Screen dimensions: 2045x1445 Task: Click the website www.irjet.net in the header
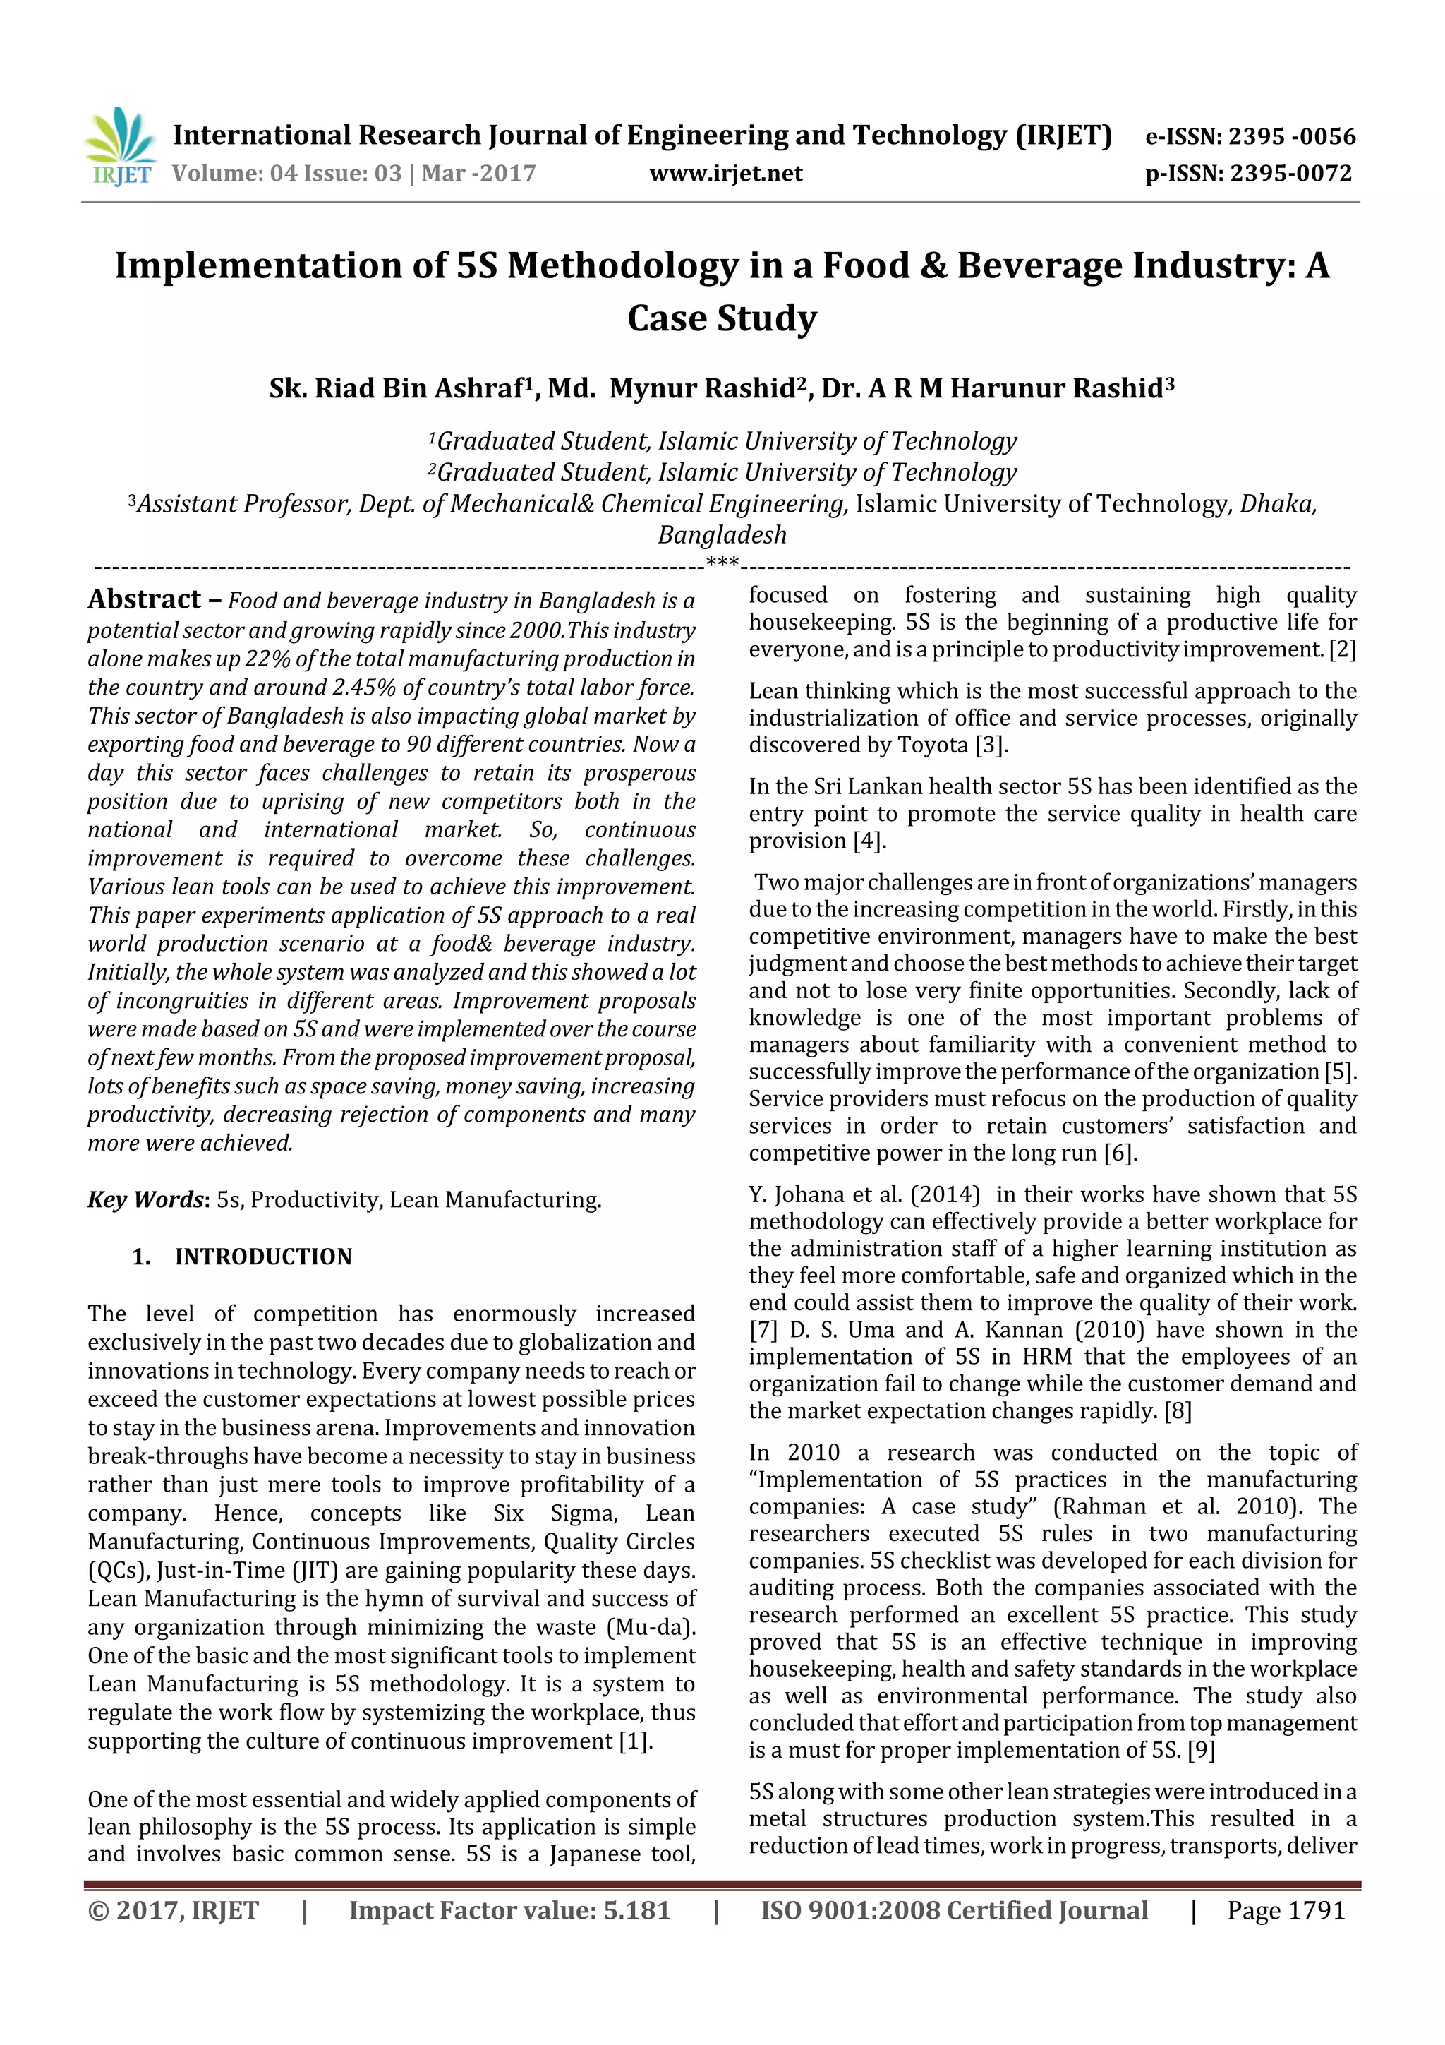point(725,174)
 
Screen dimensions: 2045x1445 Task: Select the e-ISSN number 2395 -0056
point(1291,136)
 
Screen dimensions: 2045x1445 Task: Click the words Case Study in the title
point(722,318)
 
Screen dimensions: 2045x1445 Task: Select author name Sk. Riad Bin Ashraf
point(397,389)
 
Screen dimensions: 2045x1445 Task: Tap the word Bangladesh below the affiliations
point(722,535)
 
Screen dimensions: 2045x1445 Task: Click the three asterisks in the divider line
point(722,563)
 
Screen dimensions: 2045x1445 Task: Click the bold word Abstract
point(144,599)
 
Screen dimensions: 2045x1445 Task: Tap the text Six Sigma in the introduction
point(555,1513)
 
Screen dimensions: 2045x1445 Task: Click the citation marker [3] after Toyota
point(991,745)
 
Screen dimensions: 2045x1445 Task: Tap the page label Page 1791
point(1285,1910)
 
